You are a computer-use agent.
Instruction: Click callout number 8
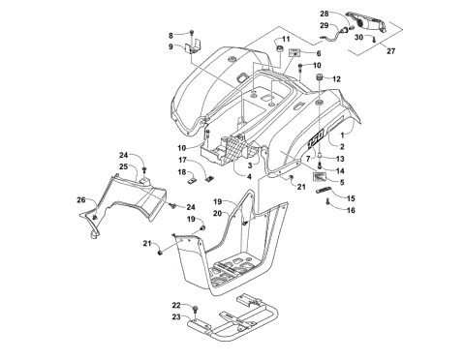[170, 35]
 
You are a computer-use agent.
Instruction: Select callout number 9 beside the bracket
[170, 46]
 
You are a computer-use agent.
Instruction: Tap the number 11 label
[286, 40]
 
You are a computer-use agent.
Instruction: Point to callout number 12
[337, 79]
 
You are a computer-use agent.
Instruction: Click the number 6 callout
[317, 54]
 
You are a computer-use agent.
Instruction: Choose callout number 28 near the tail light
[325, 15]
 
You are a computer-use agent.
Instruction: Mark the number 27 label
[392, 52]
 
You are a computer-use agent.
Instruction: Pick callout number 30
[358, 38]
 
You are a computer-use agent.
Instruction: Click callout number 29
[325, 26]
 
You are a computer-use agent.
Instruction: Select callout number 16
[351, 208]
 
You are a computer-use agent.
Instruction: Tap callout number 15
[351, 197]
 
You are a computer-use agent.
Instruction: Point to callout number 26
[81, 200]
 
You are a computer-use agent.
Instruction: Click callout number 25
[124, 167]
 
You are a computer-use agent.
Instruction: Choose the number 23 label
[175, 316]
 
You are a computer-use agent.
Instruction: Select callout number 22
[175, 305]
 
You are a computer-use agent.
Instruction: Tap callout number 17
[180, 160]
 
